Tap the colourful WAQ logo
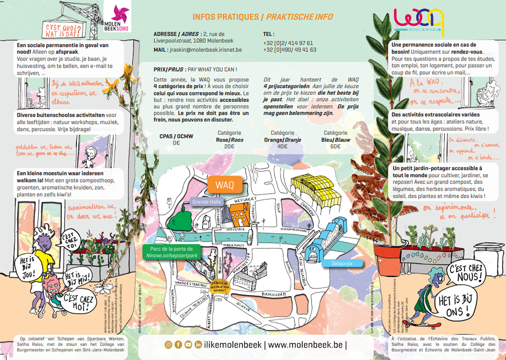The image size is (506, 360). click(x=419, y=20)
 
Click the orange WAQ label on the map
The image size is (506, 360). click(x=225, y=185)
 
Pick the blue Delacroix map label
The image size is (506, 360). click(x=342, y=263)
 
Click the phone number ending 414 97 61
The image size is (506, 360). click(x=288, y=43)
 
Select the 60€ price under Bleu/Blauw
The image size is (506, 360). click(x=335, y=147)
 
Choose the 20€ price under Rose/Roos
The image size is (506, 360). click(x=229, y=147)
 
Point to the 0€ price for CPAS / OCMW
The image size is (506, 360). click(x=176, y=143)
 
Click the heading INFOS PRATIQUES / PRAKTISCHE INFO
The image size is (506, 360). click(x=262, y=17)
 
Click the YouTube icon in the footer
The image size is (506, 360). click(x=188, y=345)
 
